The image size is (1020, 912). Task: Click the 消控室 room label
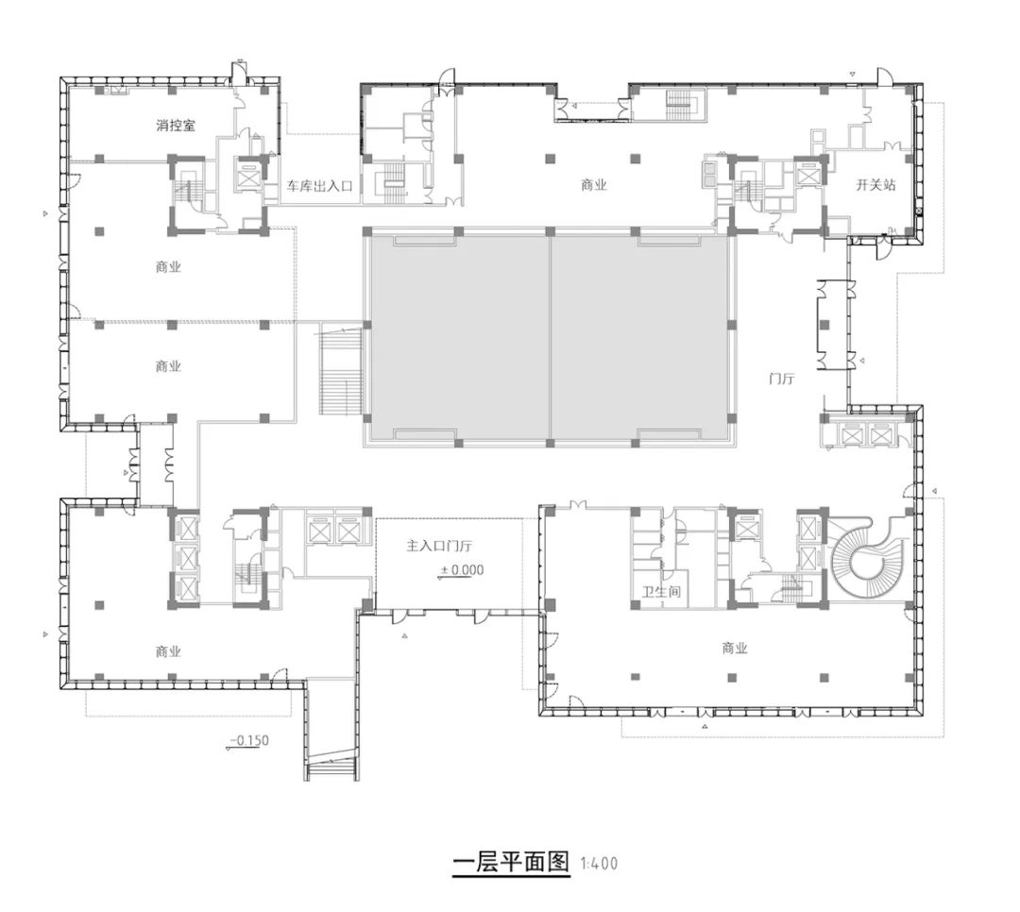176,125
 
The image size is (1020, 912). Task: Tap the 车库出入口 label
320,187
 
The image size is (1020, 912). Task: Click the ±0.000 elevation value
462,569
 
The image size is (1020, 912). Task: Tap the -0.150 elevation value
250,740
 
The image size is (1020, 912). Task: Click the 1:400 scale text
600,863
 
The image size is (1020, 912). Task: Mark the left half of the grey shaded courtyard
457,337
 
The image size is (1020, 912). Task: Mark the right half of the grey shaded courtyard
640,337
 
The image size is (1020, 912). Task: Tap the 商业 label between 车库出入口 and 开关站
593,186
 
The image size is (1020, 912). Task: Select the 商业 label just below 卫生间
734,649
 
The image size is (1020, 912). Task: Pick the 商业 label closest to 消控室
168,267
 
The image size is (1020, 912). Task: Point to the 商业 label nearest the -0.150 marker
168,651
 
